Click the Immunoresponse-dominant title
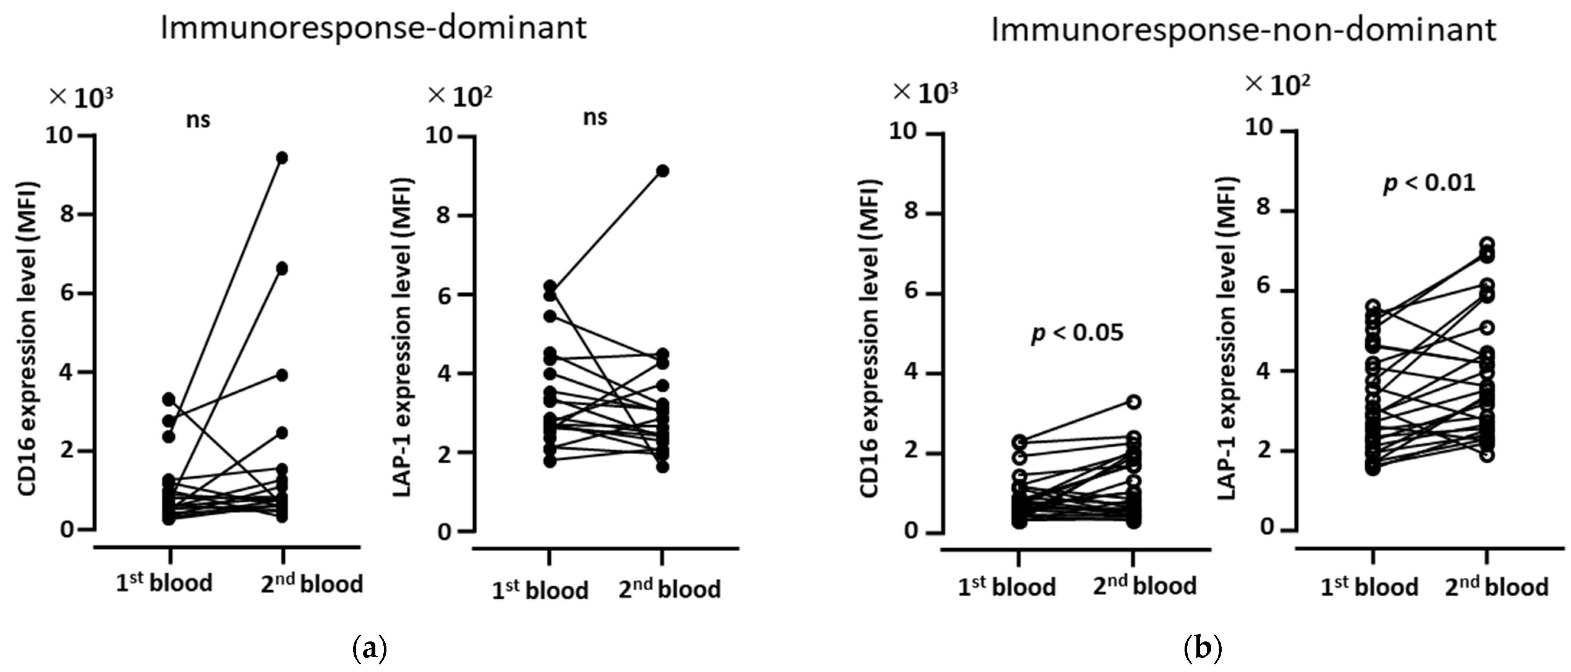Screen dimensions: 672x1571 [x=373, y=28]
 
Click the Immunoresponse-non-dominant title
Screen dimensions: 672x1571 [x=1243, y=29]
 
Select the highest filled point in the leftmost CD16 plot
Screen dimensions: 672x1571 [x=282, y=158]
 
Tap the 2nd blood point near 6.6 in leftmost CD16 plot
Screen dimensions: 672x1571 [x=282, y=268]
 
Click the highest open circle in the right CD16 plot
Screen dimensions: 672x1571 [x=1134, y=402]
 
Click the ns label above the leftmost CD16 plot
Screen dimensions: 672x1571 [x=198, y=120]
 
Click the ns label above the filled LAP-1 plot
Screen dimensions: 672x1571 [x=595, y=117]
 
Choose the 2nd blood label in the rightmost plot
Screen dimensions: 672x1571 [x=1496, y=587]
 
